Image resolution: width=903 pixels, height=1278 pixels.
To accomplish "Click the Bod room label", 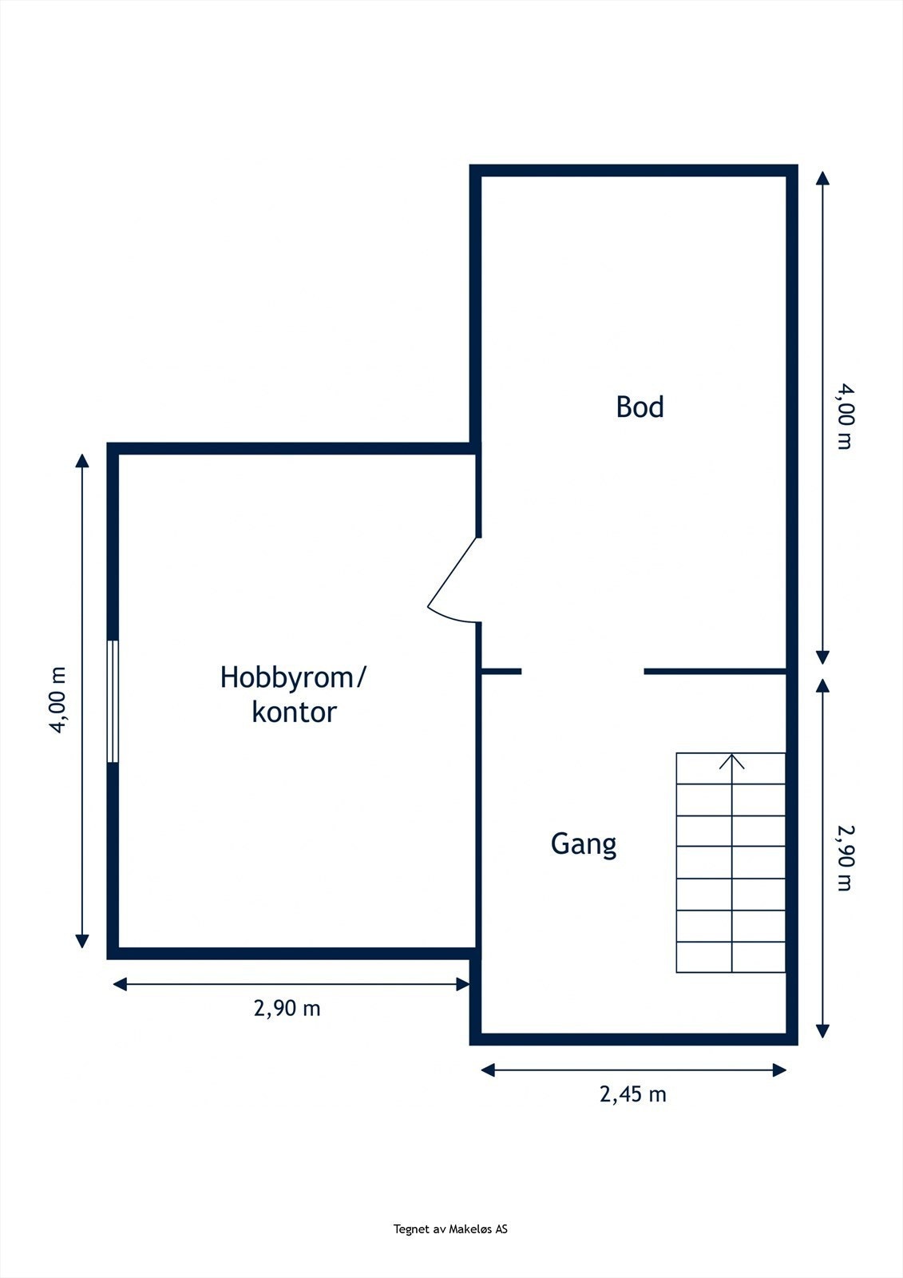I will tap(640, 407).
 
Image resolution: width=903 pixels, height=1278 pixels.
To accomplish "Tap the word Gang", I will tap(584, 844).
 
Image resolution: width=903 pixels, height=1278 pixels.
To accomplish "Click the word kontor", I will tap(294, 712).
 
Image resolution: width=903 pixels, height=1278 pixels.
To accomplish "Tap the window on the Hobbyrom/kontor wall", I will tap(113, 701).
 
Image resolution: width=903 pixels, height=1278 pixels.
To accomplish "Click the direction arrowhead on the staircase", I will tap(731, 761).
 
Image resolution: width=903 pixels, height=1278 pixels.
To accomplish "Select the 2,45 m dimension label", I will tap(632, 1093).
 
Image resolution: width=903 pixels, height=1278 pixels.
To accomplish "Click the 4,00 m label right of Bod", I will tap(844, 417).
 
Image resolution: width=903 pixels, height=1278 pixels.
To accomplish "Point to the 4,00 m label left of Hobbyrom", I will tap(58, 700).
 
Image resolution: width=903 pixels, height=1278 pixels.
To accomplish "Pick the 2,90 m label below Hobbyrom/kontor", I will tap(287, 1008).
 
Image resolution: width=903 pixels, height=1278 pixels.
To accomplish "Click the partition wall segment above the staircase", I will tap(715, 671).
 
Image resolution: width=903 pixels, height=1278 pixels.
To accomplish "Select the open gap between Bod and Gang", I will tap(583, 671).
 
